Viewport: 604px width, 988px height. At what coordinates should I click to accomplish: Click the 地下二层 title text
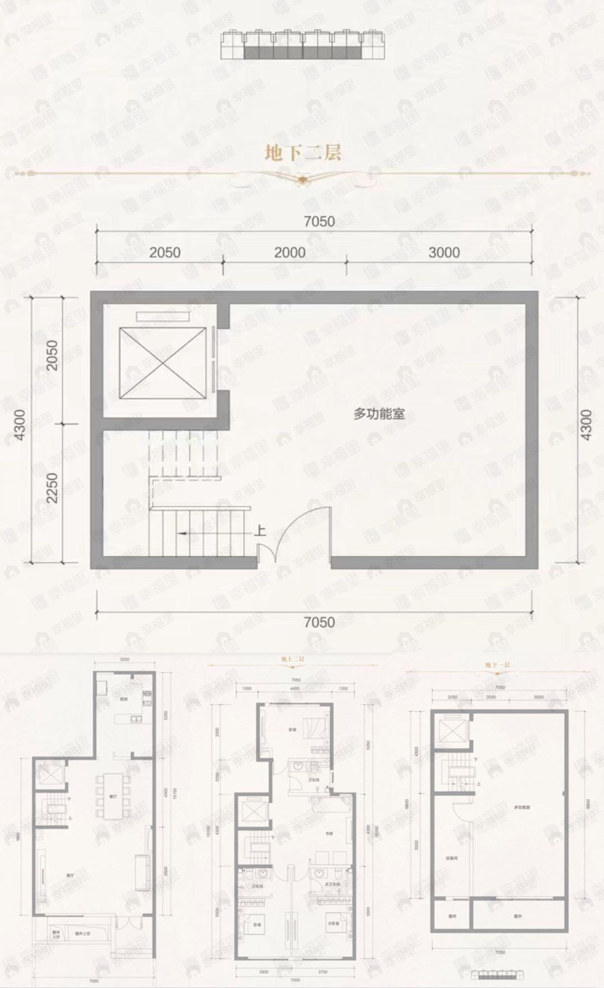click(x=303, y=153)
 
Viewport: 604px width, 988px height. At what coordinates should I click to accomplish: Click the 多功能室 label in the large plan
click(x=378, y=414)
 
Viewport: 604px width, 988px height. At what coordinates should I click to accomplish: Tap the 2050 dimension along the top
click(x=165, y=252)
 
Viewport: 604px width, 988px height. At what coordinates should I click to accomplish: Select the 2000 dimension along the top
click(x=289, y=252)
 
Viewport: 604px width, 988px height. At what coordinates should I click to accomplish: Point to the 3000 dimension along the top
click(x=444, y=252)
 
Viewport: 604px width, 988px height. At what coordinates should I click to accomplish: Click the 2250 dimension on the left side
click(x=51, y=488)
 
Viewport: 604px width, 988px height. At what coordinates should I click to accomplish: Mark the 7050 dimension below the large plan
click(x=319, y=622)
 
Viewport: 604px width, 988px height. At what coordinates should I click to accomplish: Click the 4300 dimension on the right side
click(x=586, y=425)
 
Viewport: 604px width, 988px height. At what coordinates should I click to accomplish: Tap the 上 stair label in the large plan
click(x=260, y=530)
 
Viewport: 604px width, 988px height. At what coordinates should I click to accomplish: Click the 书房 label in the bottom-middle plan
click(x=329, y=833)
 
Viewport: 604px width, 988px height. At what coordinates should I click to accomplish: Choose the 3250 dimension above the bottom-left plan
click(x=124, y=660)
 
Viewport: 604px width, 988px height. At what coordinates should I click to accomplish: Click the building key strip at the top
click(x=303, y=44)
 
